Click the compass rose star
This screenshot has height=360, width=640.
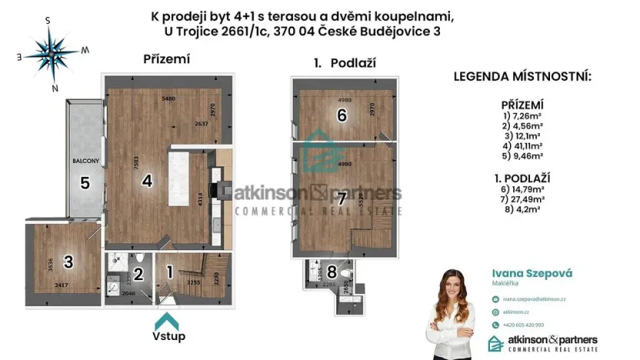(x=52, y=53)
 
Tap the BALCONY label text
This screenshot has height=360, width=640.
(x=84, y=162)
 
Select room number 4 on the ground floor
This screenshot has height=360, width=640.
(x=145, y=181)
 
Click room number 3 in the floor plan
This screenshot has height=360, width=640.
(x=68, y=262)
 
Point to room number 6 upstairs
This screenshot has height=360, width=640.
(x=342, y=115)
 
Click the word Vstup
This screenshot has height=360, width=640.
(x=168, y=336)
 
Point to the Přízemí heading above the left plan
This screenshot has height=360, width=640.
(x=166, y=58)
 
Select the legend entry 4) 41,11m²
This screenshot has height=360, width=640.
(x=522, y=145)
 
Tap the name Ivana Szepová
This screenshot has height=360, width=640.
(x=532, y=273)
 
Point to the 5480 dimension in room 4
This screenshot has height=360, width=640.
(x=169, y=99)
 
